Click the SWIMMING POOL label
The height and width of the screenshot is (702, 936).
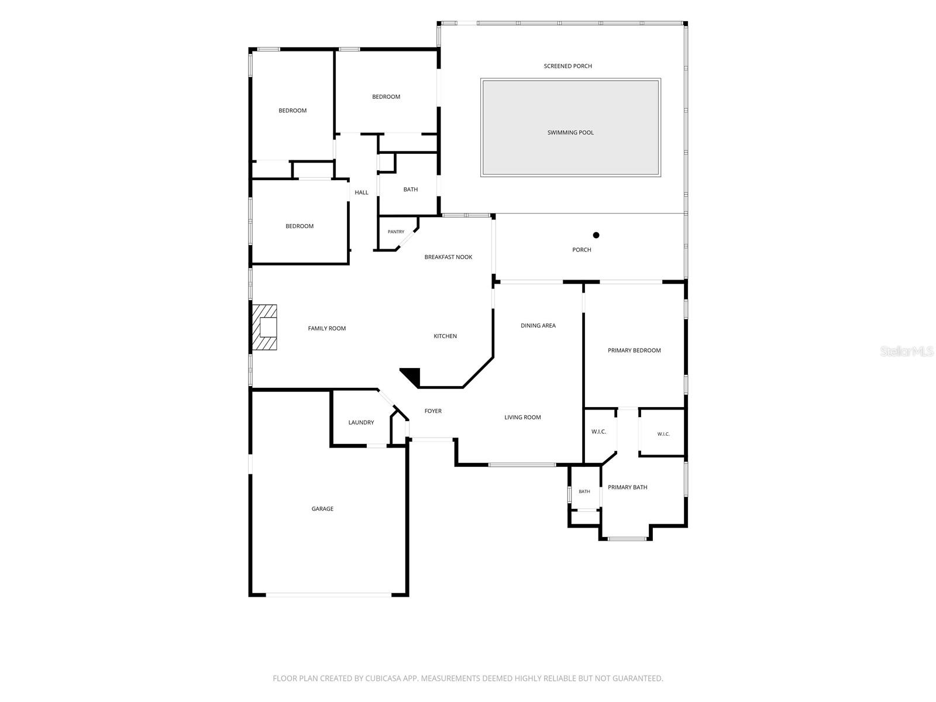click(570, 133)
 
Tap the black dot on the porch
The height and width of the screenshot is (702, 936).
click(596, 235)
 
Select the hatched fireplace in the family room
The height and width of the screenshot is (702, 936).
click(264, 327)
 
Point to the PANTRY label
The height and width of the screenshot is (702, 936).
click(395, 232)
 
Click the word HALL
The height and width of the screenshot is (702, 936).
click(361, 192)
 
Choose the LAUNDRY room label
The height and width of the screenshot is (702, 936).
click(361, 422)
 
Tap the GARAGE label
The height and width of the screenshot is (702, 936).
click(322, 508)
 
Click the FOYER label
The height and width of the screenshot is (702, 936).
click(433, 411)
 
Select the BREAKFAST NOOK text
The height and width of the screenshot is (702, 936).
click(448, 257)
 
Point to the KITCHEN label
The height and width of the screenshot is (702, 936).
click(445, 336)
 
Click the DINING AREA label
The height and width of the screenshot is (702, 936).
click(538, 326)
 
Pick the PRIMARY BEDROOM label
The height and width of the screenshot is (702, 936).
click(634, 350)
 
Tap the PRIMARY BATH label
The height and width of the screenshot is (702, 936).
click(627, 487)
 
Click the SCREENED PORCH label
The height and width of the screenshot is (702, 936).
click(567, 66)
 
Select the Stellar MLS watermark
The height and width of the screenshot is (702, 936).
click(907, 351)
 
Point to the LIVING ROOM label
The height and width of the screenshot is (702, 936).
click(522, 417)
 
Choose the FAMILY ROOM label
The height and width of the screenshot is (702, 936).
click(326, 328)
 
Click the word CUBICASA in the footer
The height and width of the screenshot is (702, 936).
click(383, 678)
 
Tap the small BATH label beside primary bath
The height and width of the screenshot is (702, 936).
click(584, 491)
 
